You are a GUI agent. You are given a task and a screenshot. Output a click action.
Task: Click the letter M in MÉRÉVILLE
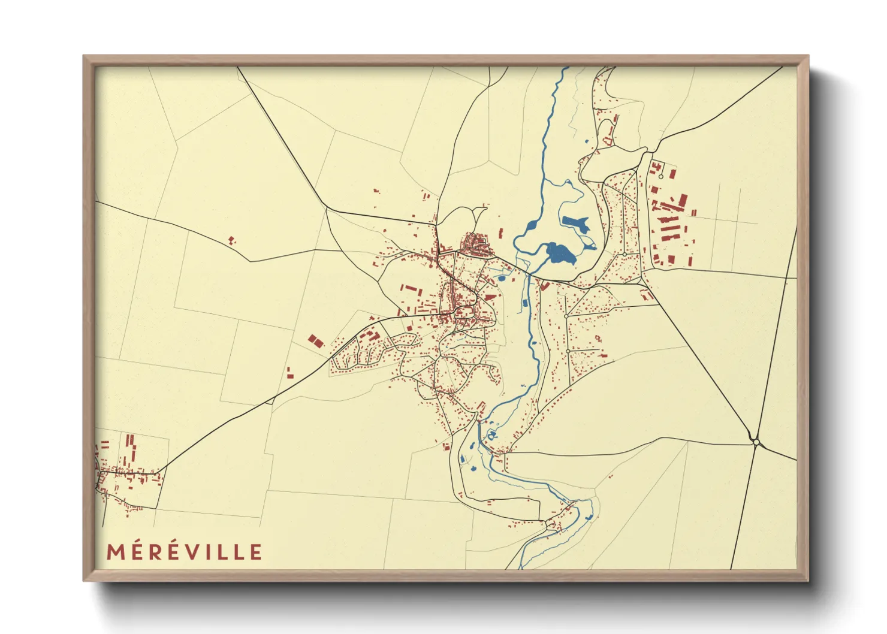click(x=116, y=552)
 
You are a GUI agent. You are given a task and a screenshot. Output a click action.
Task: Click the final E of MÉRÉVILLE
click(x=256, y=552)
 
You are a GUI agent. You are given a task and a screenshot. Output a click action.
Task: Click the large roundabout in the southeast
click(x=756, y=442)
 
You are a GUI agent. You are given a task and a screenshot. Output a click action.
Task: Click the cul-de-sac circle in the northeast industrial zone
click(x=660, y=177)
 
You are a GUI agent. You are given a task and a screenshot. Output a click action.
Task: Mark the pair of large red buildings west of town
click(x=315, y=342)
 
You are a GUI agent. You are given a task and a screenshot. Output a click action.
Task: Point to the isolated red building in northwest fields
click(x=232, y=240)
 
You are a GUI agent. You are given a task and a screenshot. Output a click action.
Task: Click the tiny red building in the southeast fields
click(x=611, y=476)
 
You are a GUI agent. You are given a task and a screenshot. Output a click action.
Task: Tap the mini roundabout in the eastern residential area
click(x=624, y=255)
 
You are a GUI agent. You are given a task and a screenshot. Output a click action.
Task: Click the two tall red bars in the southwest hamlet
click(x=129, y=442)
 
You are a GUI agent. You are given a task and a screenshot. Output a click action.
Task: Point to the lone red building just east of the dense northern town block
click(x=501, y=233)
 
